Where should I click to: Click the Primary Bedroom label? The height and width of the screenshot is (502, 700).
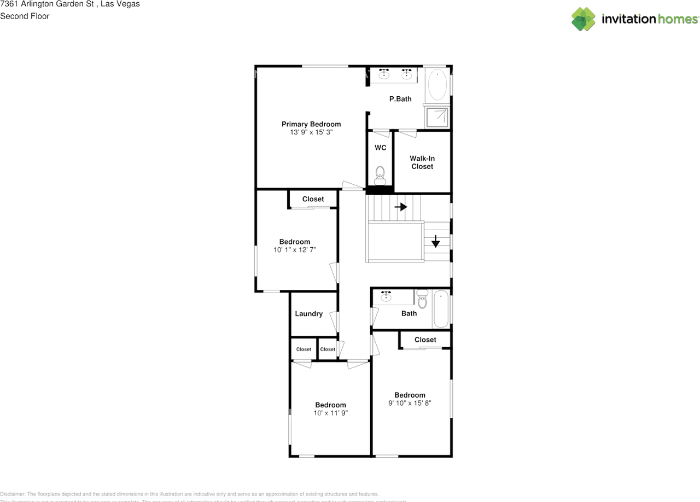[x=311, y=124]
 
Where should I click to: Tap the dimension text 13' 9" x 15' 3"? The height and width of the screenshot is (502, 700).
[x=311, y=132]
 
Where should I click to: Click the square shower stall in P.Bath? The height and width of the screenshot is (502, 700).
[x=437, y=116]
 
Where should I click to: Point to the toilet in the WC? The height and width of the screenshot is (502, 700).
[x=381, y=175]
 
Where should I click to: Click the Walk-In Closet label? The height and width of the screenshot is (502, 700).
[x=422, y=162]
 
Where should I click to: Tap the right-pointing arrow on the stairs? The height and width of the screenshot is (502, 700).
[x=401, y=207]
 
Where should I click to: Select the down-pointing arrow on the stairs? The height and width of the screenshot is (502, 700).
[x=435, y=241]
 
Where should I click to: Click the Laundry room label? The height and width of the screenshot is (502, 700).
[x=308, y=314]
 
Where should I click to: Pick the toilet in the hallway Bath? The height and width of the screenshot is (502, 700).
[x=422, y=300]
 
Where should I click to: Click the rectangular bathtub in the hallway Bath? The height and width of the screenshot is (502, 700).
[x=441, y=309]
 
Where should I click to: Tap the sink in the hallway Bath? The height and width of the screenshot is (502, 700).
[x=387, y=296]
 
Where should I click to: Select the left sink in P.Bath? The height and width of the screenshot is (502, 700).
[x=384, y=74]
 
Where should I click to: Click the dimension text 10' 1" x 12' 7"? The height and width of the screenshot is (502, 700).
[x=295, y=250]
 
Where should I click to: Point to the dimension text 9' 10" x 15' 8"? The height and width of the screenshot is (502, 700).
[x=410, y=404]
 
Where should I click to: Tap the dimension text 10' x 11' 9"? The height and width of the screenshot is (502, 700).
[x=330, y=413]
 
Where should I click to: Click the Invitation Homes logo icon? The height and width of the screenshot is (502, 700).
[x=584, y=19]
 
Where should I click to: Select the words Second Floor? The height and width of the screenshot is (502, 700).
[x=25, y=16]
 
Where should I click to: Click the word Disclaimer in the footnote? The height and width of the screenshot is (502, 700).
[x=13, y=494]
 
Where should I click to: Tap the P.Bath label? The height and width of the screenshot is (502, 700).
[x=400, y=99]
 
